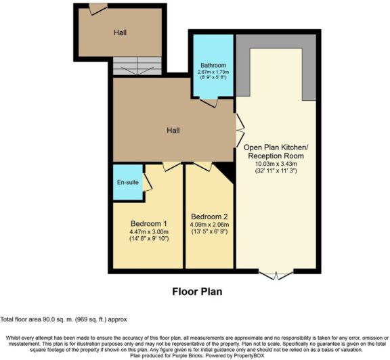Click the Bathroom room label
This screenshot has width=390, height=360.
[x=212, y=66]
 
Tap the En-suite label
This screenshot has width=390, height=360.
[x=124, y=183]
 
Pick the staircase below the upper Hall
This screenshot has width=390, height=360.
[x=137, y=67]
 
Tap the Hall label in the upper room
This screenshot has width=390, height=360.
[x=120, y=31]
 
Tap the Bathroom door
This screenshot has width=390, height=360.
[x=208, y=103]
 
